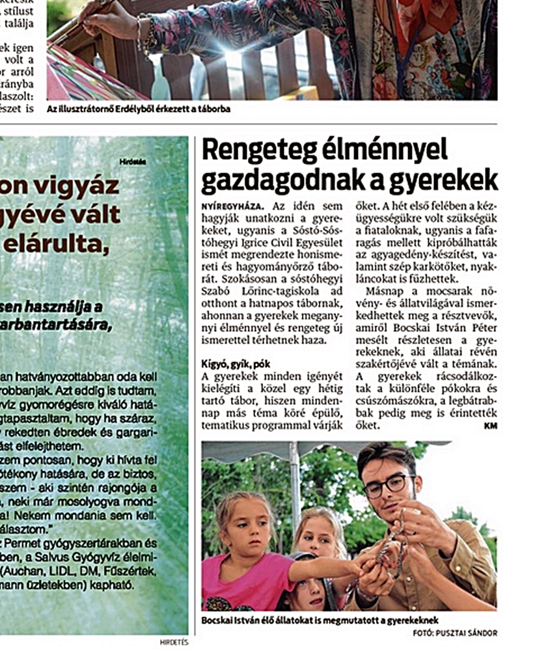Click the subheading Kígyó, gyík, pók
click(x=235, y=363)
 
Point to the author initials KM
click(x=491, y=425)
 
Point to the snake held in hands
click(x=391, y=547)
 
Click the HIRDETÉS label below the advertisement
click(x=174, y=642)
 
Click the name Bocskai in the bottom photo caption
click(x=220, y=620)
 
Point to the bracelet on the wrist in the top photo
click(x=141, y=36)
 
